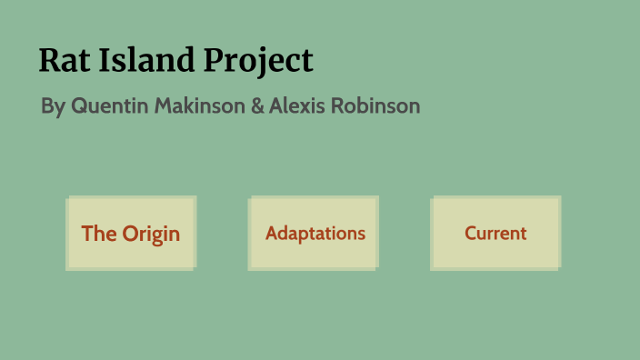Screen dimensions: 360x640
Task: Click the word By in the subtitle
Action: click(53, 106)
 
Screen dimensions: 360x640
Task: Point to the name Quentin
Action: click(110, 105)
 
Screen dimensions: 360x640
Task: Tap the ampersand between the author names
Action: click(257, 105)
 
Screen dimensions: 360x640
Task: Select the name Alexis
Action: click(297, 105)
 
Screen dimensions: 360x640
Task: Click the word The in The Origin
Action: click(98, 234)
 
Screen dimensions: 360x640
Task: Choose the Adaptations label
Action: click(315, 234)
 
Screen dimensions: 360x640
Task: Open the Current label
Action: click(495, 234)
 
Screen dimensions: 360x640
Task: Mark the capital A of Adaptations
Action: click(271, 234)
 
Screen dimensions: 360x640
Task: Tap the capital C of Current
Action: click(471, 234)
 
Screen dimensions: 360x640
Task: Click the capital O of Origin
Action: click(131, 234)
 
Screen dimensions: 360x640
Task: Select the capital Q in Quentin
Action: click(79, 105)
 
